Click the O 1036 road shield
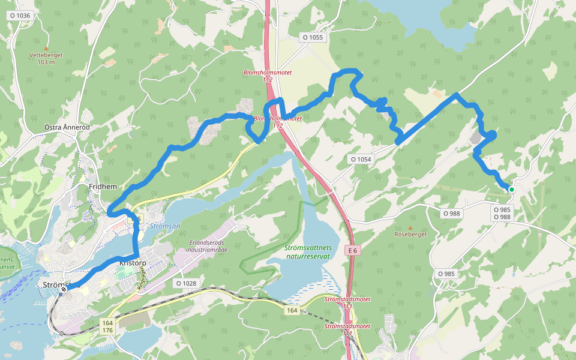[x=20, y=16]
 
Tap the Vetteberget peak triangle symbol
[x=46, y=47]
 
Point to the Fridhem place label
[x=102, y=187]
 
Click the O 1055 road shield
[x=313, y=37]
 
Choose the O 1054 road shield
[x=361, y=159]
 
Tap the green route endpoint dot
[x=512, y=190]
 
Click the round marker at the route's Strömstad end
[x=63, y=289]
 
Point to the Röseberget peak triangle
[x=410, y=227]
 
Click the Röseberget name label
[x=410, y=235]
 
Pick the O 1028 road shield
[x=187, y=283]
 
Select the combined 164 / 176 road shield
[x=107, y=326]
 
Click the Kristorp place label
[x=133, y=263]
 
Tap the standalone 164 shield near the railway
[x=292, y=310]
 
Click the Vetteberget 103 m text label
[x=46, y=58]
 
